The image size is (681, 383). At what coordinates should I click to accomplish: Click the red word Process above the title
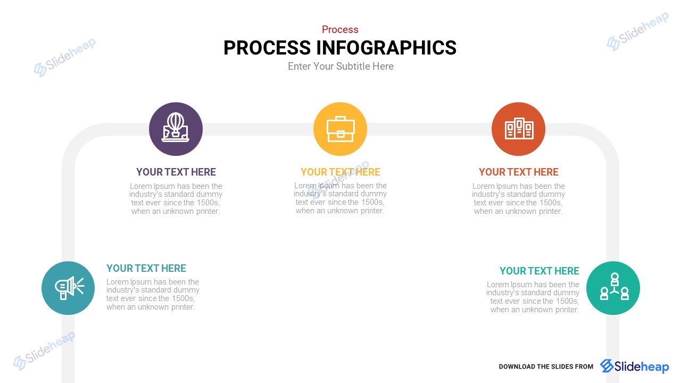pos(340,29)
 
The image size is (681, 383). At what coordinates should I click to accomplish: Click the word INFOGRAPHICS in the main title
pos(386,48)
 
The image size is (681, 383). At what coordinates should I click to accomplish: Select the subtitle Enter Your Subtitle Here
pos(340,66)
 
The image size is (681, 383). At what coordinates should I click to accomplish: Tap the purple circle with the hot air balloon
pos(176,129)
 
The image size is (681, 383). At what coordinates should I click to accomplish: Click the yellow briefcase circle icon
pos(340,129)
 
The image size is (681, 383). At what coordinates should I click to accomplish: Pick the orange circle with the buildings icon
pos(518,129)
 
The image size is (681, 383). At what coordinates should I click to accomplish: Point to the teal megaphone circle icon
pos(68,288)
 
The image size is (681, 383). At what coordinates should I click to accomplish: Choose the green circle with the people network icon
pos(613,288)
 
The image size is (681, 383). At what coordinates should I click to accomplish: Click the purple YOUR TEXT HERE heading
pos(176,172)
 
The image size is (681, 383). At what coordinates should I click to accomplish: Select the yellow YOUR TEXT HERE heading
pos(340,172)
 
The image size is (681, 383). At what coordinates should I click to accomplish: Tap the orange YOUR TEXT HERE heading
pos(518,172)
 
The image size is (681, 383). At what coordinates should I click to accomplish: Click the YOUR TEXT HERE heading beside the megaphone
pos(146,269)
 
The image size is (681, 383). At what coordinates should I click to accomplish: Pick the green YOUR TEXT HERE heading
pos(539,271)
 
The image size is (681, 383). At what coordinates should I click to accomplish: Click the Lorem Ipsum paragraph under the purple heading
pos(176,198)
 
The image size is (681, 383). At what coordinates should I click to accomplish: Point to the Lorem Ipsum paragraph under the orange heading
pos(518,198)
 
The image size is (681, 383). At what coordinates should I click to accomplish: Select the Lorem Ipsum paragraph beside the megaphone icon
pos(153,294)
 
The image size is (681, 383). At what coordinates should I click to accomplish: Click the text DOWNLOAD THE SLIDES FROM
pos(546,367)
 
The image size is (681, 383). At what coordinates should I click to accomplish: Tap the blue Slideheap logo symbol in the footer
pos(607,365)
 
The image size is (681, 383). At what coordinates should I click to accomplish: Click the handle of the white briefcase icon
pos(340,118)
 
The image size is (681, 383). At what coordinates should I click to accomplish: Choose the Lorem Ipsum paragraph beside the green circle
pos(533,297)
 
